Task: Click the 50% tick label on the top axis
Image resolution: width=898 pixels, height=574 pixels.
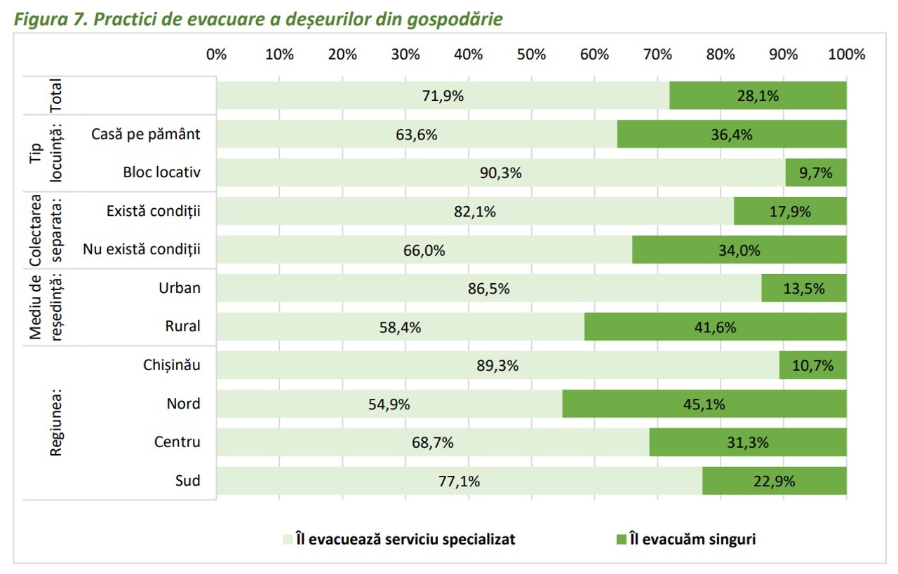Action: coord(531,55)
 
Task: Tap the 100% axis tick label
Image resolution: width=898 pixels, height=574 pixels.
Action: coord(846,55)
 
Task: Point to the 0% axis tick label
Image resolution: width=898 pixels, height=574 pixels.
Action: coord(217,55)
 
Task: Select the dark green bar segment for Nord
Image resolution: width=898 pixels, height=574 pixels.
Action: coord(704,404)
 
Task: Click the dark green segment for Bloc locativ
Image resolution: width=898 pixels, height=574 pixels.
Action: coord(816,173)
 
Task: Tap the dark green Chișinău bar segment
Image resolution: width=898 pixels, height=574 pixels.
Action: coord(812,365)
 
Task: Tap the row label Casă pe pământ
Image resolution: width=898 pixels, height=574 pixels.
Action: coord(146,135)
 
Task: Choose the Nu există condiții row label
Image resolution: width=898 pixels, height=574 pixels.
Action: coord(142,250)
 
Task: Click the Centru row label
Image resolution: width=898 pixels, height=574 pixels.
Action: coord(177,442)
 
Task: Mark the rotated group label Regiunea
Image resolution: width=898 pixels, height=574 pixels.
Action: coord(56,422)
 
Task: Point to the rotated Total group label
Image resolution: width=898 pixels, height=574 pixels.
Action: coord(56,96)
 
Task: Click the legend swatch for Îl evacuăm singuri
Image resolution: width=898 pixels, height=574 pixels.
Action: coord(621,539)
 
